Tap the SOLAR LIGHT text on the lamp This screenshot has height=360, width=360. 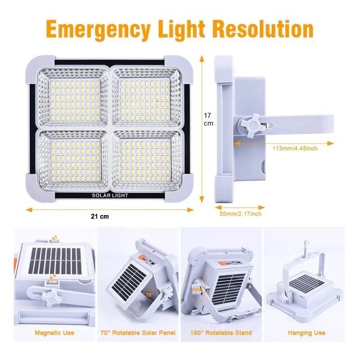tap(110, 196)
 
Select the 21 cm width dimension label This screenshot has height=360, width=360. tap(100, 216)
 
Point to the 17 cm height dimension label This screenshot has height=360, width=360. tap(208, 119)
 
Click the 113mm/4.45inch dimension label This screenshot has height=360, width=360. tap(295, 148)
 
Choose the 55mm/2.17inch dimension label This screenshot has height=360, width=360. tap(240, 214)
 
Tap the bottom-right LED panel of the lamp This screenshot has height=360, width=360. tap(147, 161)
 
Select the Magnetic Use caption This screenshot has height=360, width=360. tap(54, 333)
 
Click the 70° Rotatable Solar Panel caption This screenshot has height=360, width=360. tap(138, 333)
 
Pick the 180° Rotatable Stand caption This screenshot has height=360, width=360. tap(221, 333)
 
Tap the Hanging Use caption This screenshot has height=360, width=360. tap(306, 333)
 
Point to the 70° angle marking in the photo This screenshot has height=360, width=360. tap(149, 295)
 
